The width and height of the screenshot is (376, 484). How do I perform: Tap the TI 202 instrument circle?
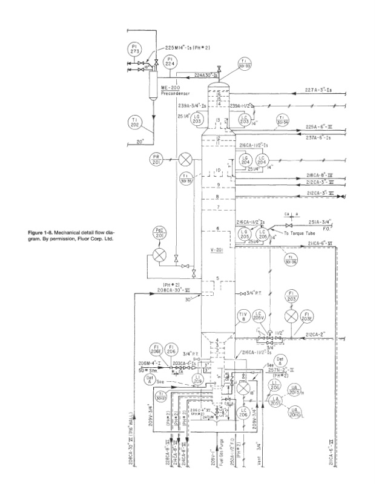(135, 123)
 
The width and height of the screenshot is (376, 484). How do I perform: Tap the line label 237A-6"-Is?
(319, 137)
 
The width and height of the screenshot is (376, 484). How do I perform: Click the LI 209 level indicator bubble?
(197, 380)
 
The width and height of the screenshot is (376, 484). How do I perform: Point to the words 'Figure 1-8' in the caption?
(42, 232)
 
